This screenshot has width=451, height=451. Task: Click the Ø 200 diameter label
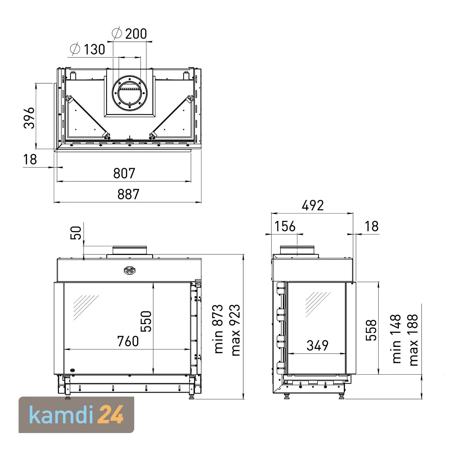pyautogui.click(x=129, y=33)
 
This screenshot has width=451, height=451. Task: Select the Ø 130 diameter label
pyautogui.click(x=87, y=49)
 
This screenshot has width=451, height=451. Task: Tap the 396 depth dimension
pyautogui.click(x=29, y=118)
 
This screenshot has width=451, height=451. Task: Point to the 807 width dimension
pyautogui.click(x=124, y=173)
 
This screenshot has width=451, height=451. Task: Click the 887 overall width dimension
pyautogui.click(x=128, y=194)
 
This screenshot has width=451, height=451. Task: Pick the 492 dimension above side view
pyautogui.click(x=313, y=205)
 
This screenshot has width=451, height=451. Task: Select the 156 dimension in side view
pyautogui.click(x=285, y=226)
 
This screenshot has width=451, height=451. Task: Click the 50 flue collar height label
pyautogui.click(x=77, y=233)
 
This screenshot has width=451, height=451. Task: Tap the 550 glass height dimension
pyautogui.click(x=146, y=321)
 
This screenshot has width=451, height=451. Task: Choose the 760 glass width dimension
pyautogui.click(x=128, y=341)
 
